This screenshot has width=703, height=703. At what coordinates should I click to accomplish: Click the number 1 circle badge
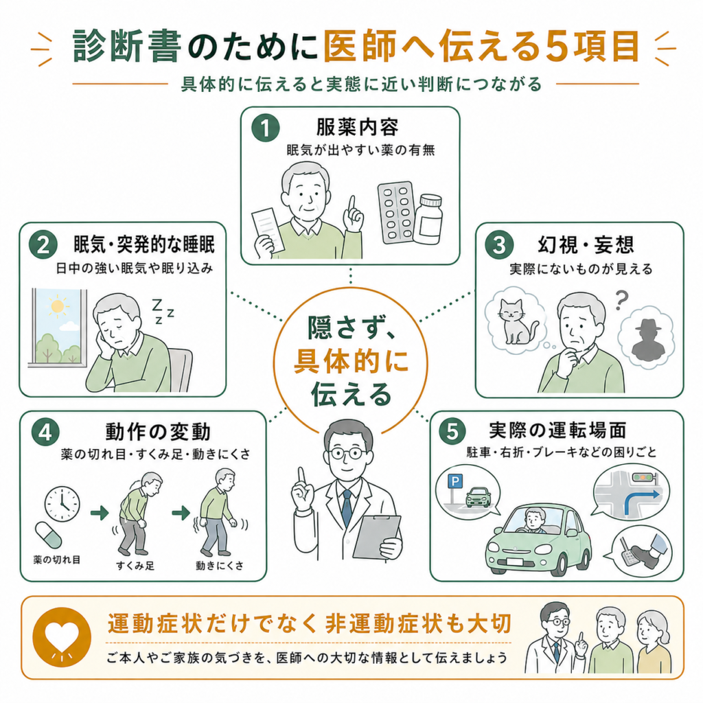[x=266, y=128]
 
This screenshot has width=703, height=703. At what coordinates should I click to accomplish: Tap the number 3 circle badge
[x=499, y=244]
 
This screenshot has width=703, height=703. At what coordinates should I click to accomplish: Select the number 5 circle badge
[x=452, y=431]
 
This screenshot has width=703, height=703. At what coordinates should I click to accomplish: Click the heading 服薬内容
[x=357, y=127]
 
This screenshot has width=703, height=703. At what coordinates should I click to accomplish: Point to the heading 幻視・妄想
[x=586, y=245]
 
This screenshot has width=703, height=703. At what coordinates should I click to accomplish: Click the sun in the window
[x=58, y=306]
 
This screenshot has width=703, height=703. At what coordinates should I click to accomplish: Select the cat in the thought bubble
[x=516, y=321]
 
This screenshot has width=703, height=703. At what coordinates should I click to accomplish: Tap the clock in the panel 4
[x=62, y=505]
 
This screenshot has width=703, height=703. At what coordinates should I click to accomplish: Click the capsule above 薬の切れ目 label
[x=49, y=535]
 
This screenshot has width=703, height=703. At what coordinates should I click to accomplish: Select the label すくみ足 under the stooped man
[x=135, y=566]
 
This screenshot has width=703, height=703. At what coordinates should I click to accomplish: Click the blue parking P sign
[x=454, y=482]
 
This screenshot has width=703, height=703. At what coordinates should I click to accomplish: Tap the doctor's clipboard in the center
[x=377, y=536]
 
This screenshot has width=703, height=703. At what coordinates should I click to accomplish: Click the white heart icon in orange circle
[x=62, y=636]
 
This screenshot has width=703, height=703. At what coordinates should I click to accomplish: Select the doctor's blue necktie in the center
[x=347, y=507]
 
